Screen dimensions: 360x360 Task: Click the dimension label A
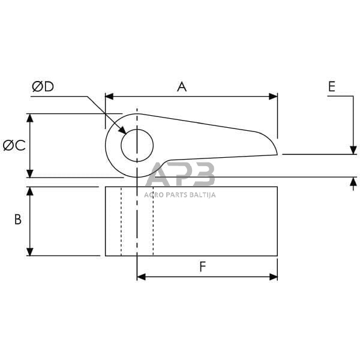click(182, 86)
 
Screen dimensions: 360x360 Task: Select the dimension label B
click(18, 220)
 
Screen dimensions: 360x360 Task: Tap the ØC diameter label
click(14, 145)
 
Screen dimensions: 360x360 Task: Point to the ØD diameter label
click(43, 86)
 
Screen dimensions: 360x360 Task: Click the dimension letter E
click(332, 86)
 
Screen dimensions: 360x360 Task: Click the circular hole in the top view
click(137, 146)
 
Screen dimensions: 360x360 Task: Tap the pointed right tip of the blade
click(277, 154)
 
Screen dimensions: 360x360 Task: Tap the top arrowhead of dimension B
click(29, 191)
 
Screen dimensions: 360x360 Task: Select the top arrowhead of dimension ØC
click(29, 118)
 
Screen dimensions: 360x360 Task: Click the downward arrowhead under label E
click(353, 150)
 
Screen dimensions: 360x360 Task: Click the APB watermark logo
click(180, 175)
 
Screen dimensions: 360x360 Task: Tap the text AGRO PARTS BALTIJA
click(180, 194)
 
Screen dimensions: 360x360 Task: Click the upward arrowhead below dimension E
click(353, 181)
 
